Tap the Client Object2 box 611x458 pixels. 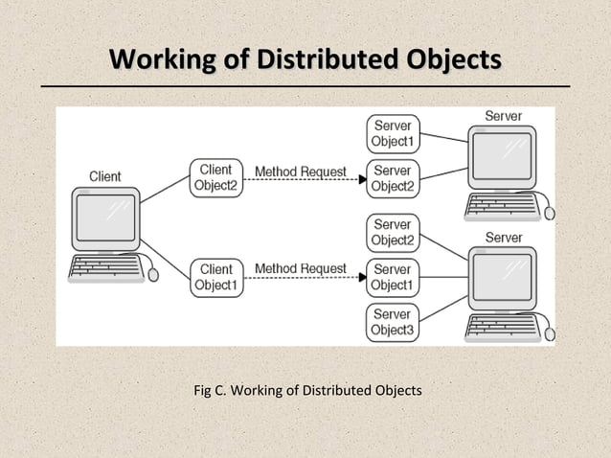tap(216, 178)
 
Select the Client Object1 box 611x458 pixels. tap(216, 277)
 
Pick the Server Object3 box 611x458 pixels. tap(393, 322)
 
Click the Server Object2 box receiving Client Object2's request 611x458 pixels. tap(393, 178)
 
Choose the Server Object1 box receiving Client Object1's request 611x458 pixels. tap(393, 277)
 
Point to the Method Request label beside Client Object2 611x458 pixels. tap(300, 172)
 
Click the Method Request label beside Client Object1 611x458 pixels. tap(300, 269)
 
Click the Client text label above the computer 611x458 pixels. tap(104, 175)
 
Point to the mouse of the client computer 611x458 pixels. tap(153, 274)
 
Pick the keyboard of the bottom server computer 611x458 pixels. tap(501, 327)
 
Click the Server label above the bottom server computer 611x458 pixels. tap(504, 237)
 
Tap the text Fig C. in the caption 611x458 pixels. tap(210, 390)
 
